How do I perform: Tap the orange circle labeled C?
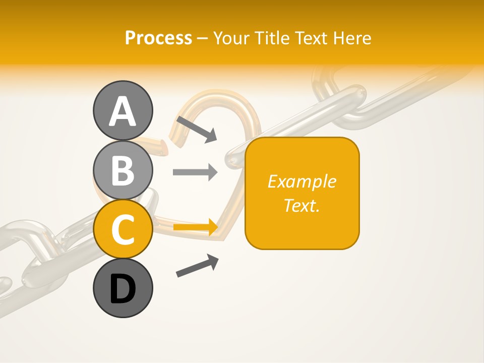tap(123, 229)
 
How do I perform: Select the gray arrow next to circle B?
tap(195, 172)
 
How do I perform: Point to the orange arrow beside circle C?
tap(195, 227)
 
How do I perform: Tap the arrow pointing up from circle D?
tap(197, 266)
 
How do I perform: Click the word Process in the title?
tap(158, 38)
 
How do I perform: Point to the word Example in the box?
tap(302, 181)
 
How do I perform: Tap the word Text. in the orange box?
tap(302, 205)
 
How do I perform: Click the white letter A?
tap(123, 111)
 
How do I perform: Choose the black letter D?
tap(123, 290)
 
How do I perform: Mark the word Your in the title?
tap(232, 38)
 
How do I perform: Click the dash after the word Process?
tap(203, 38)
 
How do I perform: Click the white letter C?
tap(123, 230)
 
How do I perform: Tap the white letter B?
tap(123, 170)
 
